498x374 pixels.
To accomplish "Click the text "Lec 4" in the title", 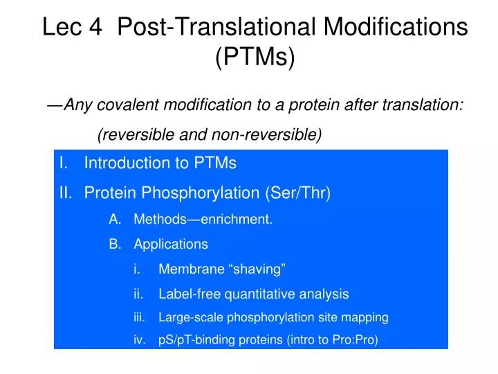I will point(72,27).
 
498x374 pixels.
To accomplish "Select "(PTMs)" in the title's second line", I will point(255,57).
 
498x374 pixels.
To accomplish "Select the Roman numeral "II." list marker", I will point(67,193).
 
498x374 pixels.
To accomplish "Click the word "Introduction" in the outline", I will point(126,163).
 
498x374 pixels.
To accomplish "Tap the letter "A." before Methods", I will point(115,220).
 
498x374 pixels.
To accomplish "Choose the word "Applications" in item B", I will point(171,244).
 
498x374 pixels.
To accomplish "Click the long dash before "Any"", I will point(55,105).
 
